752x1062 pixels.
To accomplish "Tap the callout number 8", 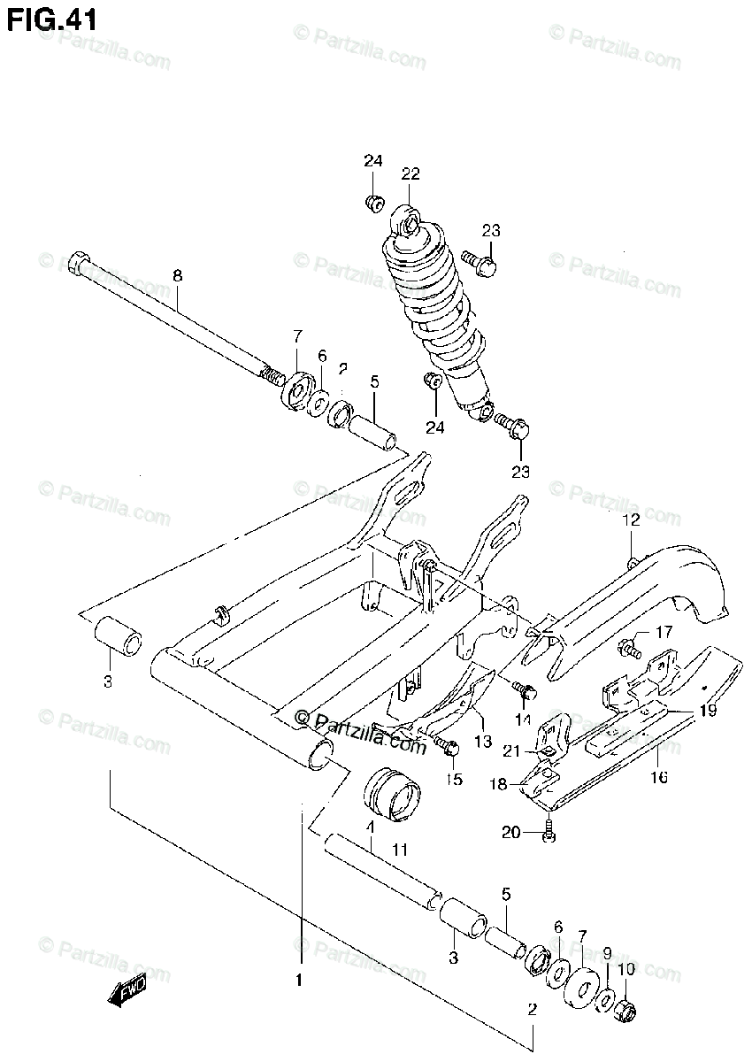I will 177,276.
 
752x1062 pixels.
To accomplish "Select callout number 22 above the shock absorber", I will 411,173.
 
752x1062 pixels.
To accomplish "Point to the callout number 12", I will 630,521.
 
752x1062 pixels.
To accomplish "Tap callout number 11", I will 399,850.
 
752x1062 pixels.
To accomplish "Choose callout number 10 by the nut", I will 626,970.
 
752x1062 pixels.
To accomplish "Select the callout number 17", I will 664,632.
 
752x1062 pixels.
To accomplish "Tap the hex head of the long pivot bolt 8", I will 77,262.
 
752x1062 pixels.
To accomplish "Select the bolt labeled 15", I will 449,749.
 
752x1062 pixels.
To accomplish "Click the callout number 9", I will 607,953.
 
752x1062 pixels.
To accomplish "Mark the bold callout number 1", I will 299,981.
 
